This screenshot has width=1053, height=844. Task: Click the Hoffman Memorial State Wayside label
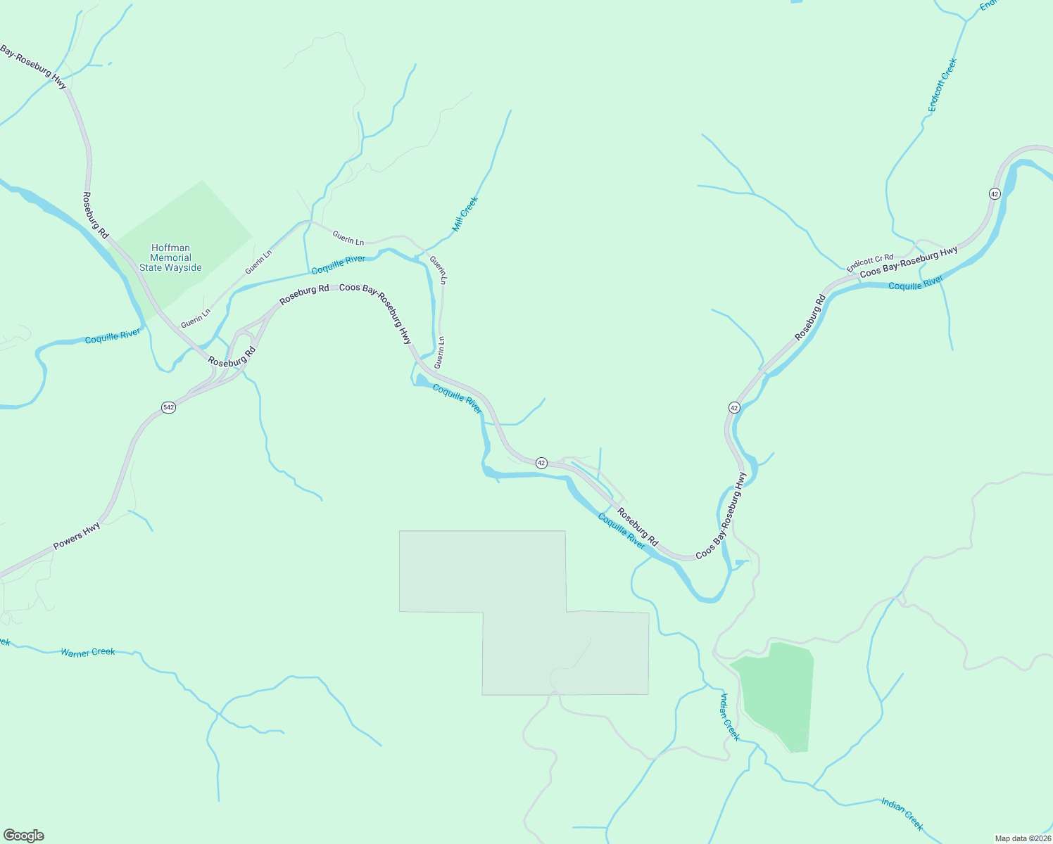pos(170,257)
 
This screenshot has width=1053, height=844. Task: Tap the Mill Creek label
pos(465,214)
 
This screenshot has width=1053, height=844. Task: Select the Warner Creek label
pos(88,652)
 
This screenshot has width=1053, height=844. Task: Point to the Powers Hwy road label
pos(77,536)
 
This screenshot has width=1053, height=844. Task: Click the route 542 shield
pos(168,407)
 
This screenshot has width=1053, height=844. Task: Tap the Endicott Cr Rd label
pos(870,263)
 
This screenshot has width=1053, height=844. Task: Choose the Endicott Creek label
pos(942,85)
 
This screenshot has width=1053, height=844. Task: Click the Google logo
pos(24,836)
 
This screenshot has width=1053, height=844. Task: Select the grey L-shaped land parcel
pos(524,612)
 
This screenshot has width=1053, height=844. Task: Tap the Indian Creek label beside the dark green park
pos(730,717)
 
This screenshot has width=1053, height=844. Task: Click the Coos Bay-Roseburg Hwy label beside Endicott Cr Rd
pos(909,262)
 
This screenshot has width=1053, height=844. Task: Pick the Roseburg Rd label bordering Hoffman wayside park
pos(96,215)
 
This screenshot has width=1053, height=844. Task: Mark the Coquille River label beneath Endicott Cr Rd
pos(915,283)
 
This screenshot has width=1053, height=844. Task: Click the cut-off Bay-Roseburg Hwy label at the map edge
pos(33,67)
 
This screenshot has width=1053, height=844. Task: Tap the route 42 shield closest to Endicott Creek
pos(994,193)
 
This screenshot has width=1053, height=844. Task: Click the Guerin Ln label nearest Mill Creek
pos(438,269)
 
